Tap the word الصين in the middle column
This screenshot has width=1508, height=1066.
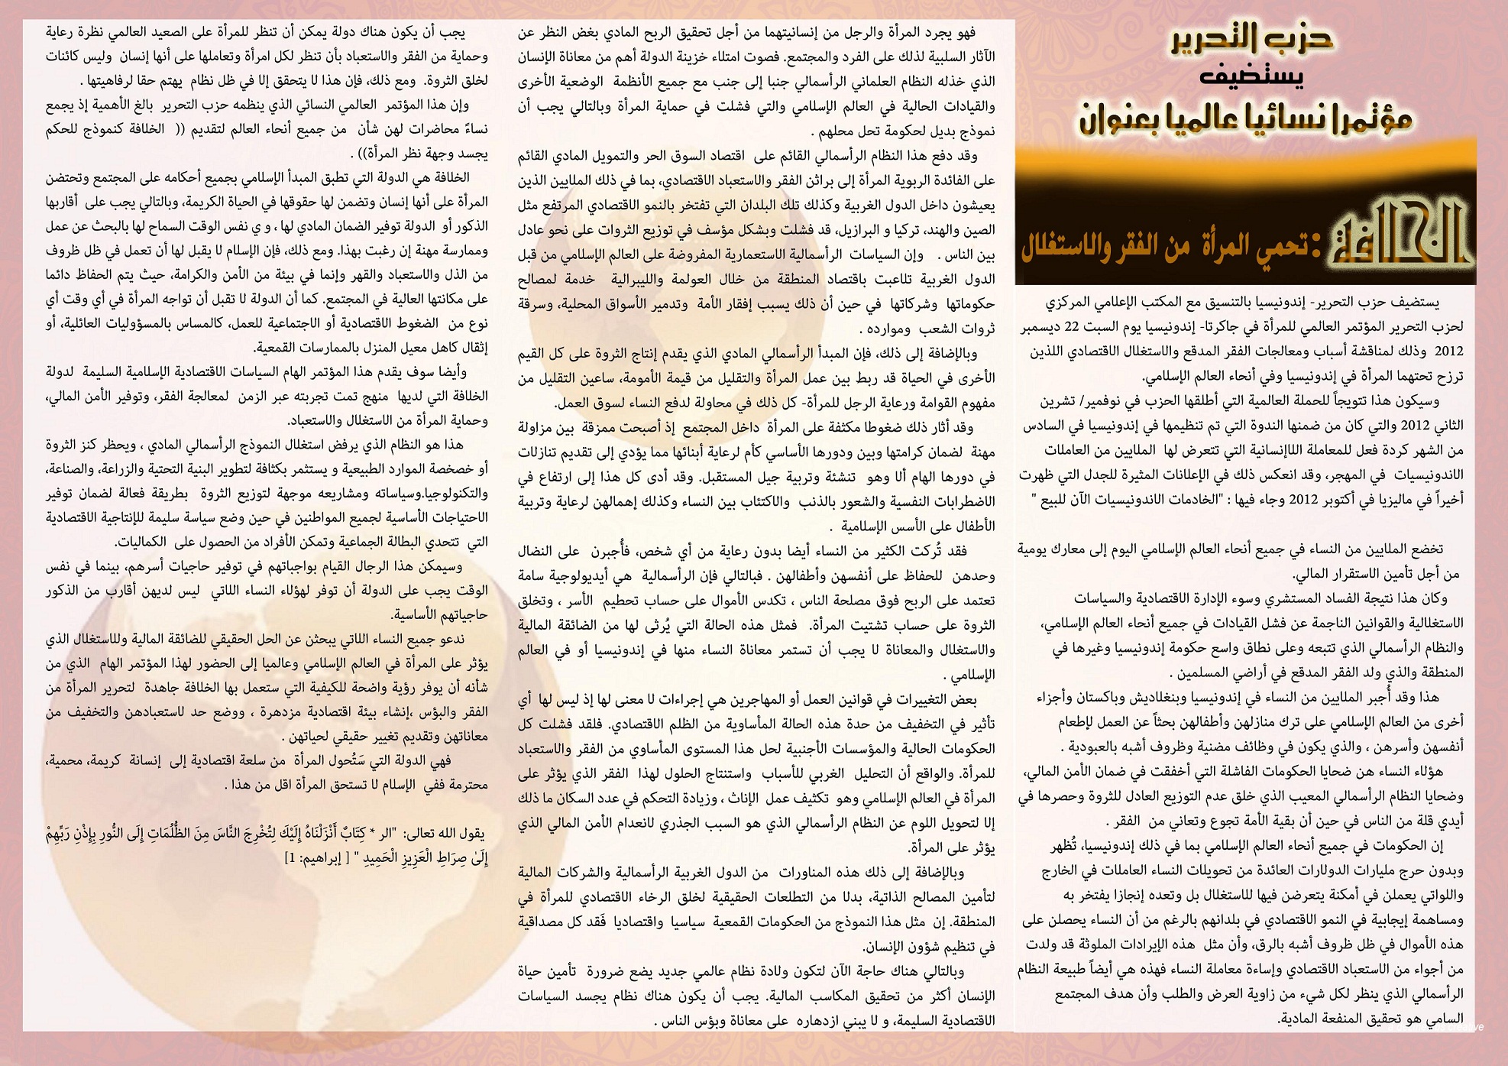pyautogui.click(x=980, y=230)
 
